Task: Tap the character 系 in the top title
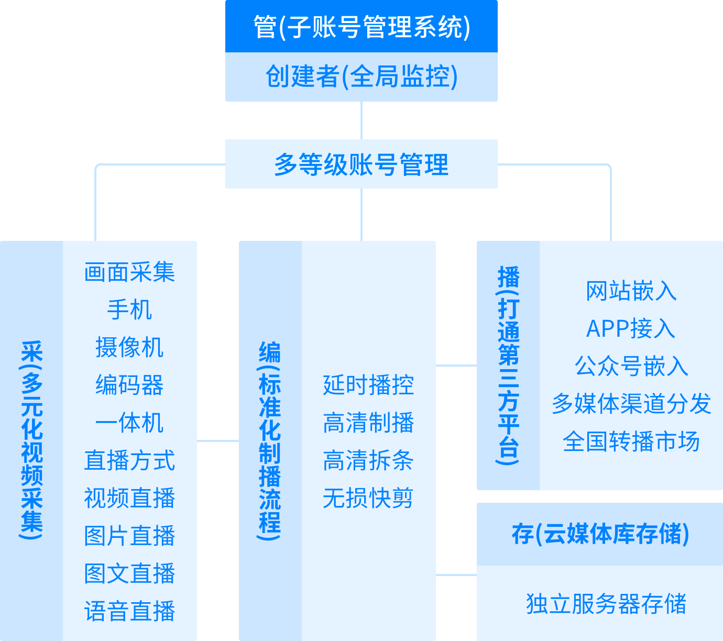pos(425,27)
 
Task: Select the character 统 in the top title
pos(450,27)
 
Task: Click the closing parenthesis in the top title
pos(467,28)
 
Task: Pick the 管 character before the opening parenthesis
pos(265,27)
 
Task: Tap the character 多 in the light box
pos(286,164)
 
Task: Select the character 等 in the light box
pos(311,164)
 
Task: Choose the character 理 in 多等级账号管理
pos(437,164)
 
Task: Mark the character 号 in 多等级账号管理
pos(387,164)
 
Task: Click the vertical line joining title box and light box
pos(361,120)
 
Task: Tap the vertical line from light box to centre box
pos(361,214)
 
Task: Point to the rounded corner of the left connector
pos(97,166)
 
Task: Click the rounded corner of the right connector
pos(609,166)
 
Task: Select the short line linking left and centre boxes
pos(217,441)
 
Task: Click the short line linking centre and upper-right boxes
pos(456,366)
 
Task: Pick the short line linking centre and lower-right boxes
pos(456,574)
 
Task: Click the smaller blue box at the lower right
pos(599,571)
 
